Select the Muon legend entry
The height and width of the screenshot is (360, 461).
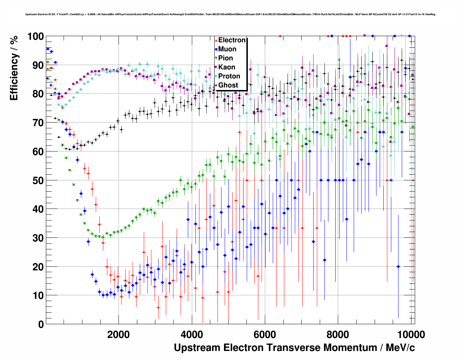coord(227,49)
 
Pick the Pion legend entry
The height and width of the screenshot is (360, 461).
coord(225,58)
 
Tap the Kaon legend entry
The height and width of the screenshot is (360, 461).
coord(227,67)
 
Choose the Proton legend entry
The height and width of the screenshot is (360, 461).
coord(229,76)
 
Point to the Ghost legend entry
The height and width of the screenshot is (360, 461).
coord(228,85)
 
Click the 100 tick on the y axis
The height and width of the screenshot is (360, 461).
coord(36,37)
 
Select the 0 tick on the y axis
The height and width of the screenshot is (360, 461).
coord(41,324)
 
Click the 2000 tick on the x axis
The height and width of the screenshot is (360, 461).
coord(119,334)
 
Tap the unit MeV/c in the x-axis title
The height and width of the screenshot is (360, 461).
coord(400,348)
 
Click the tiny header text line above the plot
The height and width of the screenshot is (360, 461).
coord(230,14)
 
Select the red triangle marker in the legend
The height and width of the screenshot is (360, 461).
coord(216,40)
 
